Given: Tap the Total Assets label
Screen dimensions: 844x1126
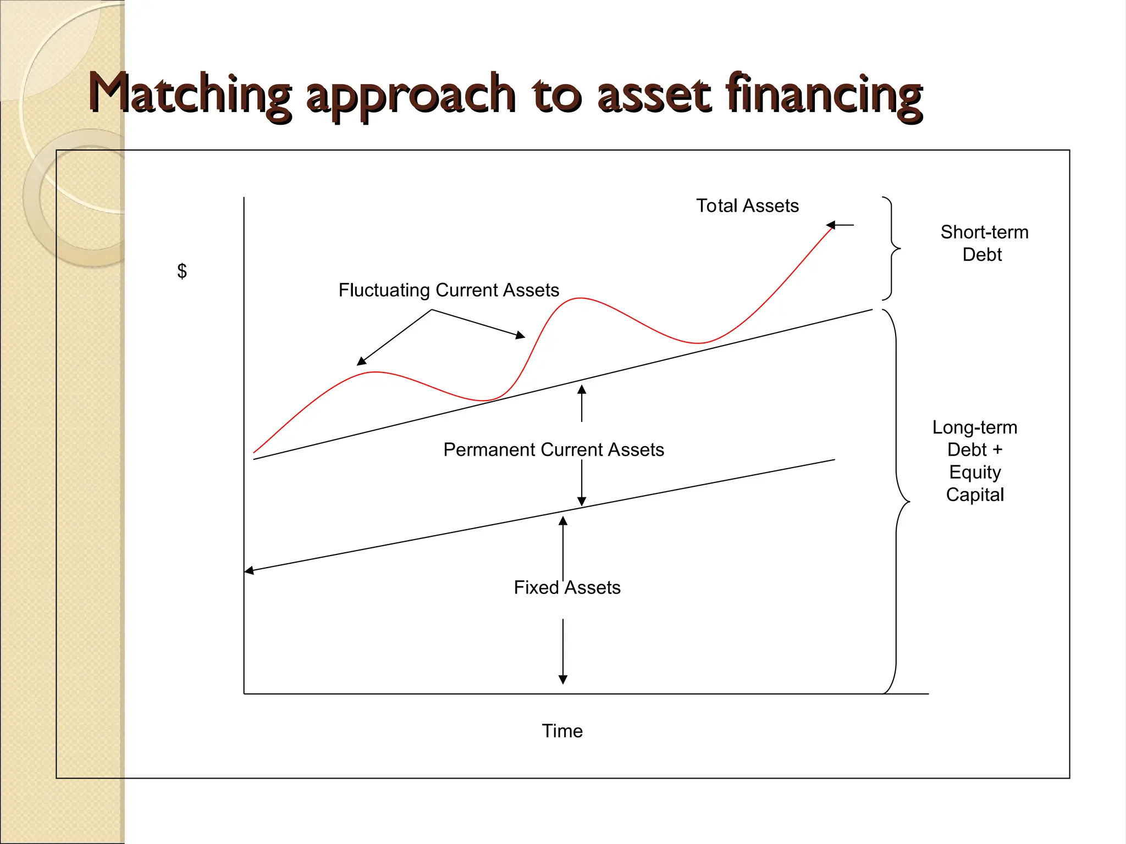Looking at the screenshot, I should [747, 206].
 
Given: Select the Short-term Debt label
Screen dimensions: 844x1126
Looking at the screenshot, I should [984, 243].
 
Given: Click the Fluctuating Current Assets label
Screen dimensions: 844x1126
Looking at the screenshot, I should [448, 290].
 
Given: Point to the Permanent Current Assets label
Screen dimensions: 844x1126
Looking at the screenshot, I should [553, 449].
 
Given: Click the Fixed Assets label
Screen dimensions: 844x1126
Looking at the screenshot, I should [567, 587].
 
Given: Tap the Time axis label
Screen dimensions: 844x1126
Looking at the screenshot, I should [562, 731].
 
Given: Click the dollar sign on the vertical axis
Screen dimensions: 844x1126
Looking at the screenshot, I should [182, 270].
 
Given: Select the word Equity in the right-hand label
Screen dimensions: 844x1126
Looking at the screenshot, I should [975, 472].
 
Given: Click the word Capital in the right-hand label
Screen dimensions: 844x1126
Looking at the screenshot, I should [975, 495].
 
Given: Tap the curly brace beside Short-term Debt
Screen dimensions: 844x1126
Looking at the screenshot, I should [892, 248].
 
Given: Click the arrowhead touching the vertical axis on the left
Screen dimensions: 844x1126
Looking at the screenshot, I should [249, 570].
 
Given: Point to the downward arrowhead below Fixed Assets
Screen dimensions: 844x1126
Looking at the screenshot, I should [562, 679].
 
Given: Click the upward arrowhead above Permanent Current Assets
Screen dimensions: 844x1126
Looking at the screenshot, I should [582, 390].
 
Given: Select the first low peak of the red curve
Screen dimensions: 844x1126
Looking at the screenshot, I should [375, 372].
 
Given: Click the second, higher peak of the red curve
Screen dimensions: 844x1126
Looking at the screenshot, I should [581, 298].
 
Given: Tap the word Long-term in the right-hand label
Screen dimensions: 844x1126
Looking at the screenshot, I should [975, 427].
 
